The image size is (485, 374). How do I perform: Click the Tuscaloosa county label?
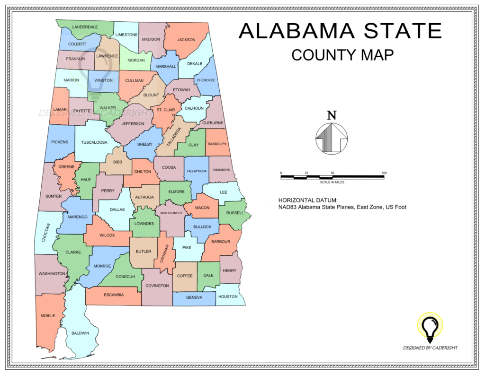pyautogui.click(x=94, y=142)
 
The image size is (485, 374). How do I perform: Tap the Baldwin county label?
pyautogui.click(x=80, y=333)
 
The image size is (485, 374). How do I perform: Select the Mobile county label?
pyautogui.click(x=47, y=315)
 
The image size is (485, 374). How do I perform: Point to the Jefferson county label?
pyautogui.click(x=133, y=123)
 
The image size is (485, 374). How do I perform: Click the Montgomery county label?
pyautogui.click(x=171, y=213)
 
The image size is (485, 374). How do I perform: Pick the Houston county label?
pyautogui.click(x=228, y=296)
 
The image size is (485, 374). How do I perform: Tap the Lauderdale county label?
pyautogui.click(x=85, y=27)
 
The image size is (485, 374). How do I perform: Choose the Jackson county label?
pyautogui.click(x=186, y=40)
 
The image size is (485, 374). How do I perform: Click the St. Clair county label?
pyautogui.click(x=166, y=110)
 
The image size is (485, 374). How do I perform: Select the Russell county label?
pyautogui.click(x=235, y=213)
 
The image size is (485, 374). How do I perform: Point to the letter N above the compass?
pyautogui.click(x=332, y=115)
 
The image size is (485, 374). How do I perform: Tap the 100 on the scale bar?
pyautogui.click(x=384, y=173)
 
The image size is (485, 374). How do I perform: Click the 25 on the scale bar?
pyautogui.click(x=306, y=173)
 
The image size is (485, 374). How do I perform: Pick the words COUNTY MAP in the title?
pyautogui.click(x=342, y=55)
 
